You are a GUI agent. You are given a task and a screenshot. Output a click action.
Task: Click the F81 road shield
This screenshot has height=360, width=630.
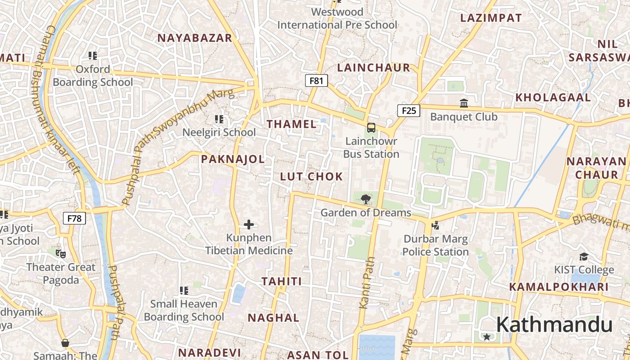tap(316, 81)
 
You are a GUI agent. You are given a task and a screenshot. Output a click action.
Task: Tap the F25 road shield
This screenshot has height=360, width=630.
tap(409, 111)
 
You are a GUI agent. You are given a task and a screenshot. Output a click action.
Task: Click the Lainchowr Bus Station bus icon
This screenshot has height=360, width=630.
tap(371, 128)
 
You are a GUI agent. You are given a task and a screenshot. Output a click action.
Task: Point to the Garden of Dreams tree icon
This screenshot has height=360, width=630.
tap(366, 199)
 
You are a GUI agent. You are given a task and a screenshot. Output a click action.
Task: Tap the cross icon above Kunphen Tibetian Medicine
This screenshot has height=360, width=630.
tap(249, 224)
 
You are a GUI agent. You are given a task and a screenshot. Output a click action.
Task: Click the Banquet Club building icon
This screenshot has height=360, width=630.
tap(464, 103)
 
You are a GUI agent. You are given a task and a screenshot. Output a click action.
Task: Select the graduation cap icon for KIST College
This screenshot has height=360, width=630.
tap(584, 256)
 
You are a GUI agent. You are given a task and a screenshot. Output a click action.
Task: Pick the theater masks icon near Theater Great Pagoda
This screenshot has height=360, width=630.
tap(61, 253)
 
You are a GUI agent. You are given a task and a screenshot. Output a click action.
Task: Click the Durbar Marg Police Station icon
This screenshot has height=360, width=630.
tap(435, 225)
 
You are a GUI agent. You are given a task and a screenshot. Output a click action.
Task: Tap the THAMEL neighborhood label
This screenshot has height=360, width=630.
tap(292, 124)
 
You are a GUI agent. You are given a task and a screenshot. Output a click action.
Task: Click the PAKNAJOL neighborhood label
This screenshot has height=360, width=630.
tap(233, 159)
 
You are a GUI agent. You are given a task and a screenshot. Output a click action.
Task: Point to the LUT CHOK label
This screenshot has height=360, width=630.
tap(311, 176)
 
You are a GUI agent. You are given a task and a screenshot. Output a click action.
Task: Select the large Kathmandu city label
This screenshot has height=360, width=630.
tap(554, 324)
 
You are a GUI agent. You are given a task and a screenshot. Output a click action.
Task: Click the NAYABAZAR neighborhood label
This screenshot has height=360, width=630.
tap(194, 38)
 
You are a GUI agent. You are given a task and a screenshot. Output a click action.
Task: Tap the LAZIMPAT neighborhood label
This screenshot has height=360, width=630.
tap(491, 18)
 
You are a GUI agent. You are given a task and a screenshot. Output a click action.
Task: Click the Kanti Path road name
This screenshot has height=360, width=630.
tap(367, 283)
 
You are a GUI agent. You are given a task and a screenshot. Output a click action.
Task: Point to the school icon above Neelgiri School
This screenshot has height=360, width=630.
tap(219, 119)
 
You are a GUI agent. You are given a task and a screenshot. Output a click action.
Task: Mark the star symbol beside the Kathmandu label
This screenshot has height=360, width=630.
tap(486, 337)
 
